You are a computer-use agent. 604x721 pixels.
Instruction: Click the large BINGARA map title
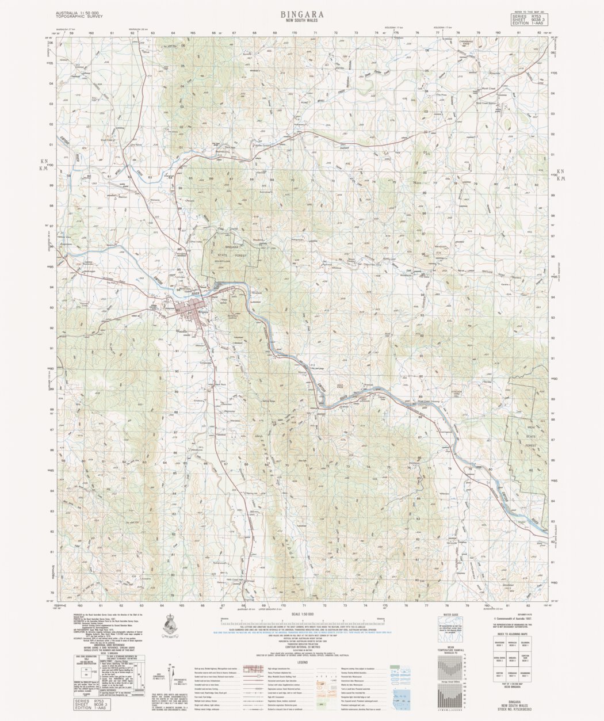coord(302,13)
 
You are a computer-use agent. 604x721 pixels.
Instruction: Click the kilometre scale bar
coord(302,623)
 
